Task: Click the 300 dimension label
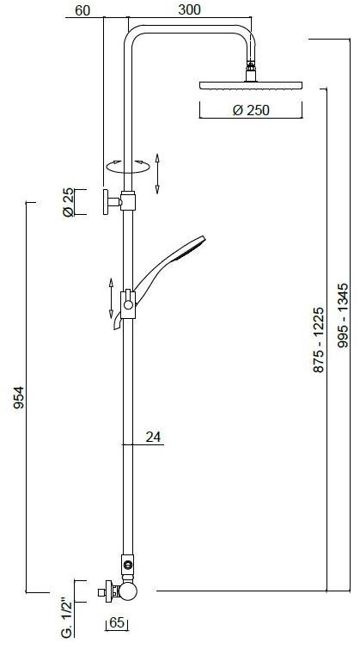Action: tap(190, 9)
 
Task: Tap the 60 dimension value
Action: tap(82, 10)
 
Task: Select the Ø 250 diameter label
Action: tap(251, 110)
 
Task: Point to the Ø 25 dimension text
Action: tap(68, 202)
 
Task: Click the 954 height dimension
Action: tap(19, 397)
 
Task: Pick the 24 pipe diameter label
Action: tap(153, 437)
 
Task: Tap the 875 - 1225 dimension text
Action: tap(318, 340)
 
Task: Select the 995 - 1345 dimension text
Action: tap(343, 315)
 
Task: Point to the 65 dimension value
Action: tap(117, 623)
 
